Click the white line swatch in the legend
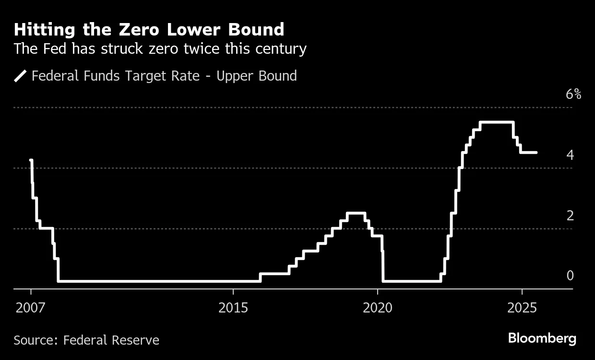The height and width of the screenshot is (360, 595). point(21,76)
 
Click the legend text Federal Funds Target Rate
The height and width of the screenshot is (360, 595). point(115,76)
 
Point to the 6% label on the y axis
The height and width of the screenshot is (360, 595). point(573,94)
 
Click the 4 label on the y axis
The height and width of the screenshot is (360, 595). point(570,155)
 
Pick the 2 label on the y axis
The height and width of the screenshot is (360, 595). point(570,216)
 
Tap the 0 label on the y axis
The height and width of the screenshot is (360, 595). point(570,276)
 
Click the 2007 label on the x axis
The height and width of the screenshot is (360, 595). point(30,307)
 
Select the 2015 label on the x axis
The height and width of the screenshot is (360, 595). point(233,307)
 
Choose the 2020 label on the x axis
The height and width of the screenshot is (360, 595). point(378,307)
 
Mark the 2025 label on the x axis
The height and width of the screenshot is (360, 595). point(522,307)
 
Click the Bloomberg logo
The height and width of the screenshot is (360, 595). point(542,338)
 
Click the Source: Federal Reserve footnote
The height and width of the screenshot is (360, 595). point(86,340)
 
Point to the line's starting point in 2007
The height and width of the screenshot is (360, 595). point(31,160)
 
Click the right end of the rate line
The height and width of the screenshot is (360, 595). point(536,153)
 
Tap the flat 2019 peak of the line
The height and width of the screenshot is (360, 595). point(356,213)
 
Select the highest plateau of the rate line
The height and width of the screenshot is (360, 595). point(497,122)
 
